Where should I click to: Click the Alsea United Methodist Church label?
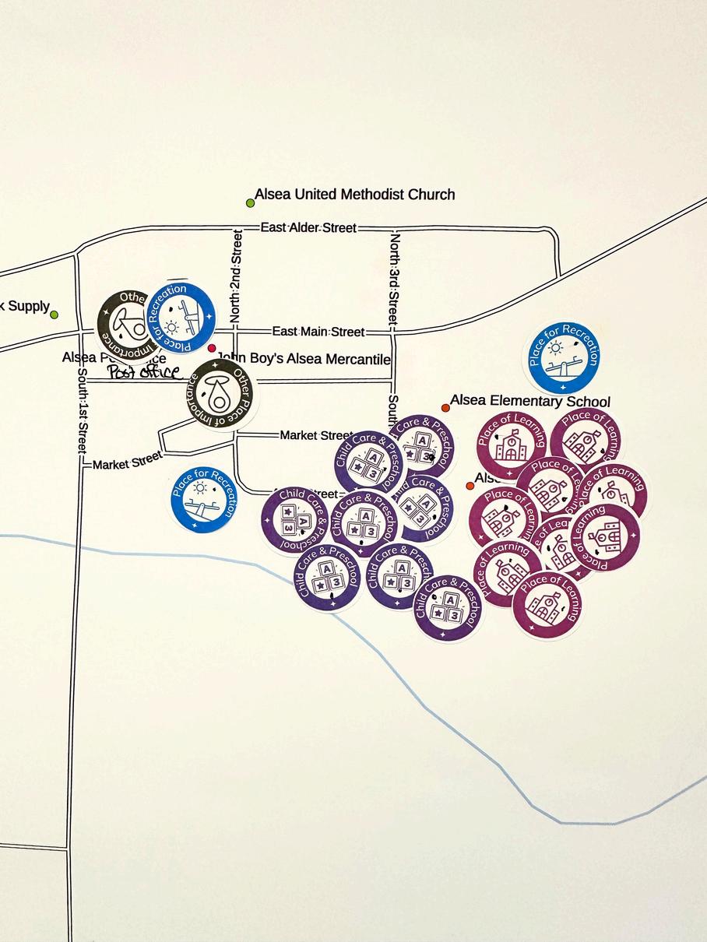point(355,194)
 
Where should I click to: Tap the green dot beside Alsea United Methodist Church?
point(250,203)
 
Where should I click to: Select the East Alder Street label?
point(308,227)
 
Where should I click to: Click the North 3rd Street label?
point(394,278)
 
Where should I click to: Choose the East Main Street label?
point(318,332)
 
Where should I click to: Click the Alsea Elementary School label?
point(529,401)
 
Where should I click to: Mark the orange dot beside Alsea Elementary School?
point(445,407)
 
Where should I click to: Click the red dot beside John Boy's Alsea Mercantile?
point(212,348)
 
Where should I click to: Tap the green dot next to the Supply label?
point(54,315)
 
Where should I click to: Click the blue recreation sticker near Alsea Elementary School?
point(564,357)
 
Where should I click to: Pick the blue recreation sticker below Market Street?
point(203,499)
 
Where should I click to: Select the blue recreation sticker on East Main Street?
point(181,318)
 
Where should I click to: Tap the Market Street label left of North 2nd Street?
point(127,462)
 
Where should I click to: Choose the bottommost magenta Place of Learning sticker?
point(547,604)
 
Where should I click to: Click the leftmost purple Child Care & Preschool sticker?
point(295,520)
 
